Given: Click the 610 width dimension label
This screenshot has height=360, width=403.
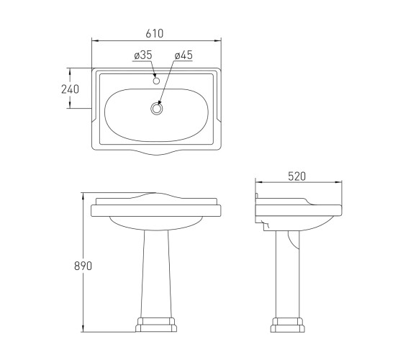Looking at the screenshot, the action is click(155, 33).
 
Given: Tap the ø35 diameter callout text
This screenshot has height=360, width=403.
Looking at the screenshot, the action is click(143, 55).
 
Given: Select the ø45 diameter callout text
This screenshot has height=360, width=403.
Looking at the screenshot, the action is click(184, 55).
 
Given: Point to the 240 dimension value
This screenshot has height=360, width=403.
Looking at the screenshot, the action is click(71, 89).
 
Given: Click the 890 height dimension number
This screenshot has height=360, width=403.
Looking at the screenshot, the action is click(83, 266).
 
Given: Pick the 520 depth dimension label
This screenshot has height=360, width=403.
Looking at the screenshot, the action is click(296, 176).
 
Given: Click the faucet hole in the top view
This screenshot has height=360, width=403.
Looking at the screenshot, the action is click(156, 81).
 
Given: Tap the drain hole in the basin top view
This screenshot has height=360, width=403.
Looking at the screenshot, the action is click(156, 109).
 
